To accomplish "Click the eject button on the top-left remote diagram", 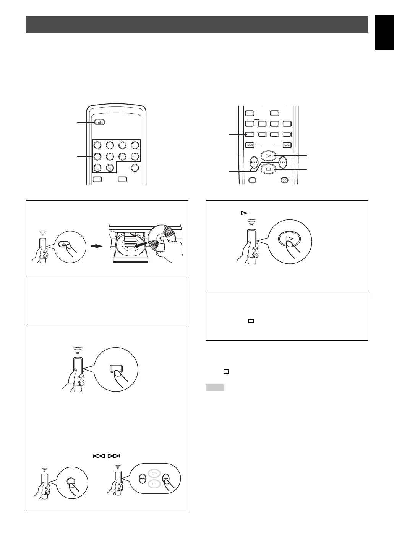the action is [x=99, y=122].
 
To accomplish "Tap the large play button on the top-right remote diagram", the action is [x=268, y=156].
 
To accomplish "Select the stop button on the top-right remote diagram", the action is [x=268, y=169].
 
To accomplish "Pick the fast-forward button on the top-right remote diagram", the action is [x=287, y=145].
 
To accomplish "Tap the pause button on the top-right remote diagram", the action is [x=284, y=180].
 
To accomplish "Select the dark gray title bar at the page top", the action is [x=197, y=24].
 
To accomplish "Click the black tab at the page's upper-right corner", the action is [x=384, y=33].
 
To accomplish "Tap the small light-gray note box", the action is [x=214, y=387].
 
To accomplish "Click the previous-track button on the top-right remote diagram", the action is [x=253, y=163].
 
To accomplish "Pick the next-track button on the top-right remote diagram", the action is [x=283, y=163].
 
